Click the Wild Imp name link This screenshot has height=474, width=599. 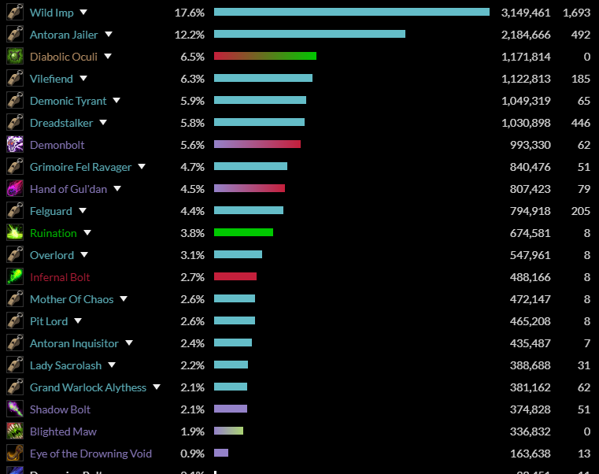[x=52, y=13]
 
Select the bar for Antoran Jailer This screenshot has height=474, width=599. [x=309, y=34]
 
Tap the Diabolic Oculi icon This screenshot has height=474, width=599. [x=15, y=57]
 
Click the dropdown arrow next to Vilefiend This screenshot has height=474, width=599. [x=83, y=79]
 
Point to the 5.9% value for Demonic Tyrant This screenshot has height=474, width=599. [x=192, y=101]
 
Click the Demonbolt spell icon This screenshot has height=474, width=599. [x=15, y=145]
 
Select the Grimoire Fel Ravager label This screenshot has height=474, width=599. [x=81, y=167]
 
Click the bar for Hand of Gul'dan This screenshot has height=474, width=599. [x=250, y=188]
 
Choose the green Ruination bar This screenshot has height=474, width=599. [x=243, y=232]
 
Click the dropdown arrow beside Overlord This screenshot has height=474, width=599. [x=84, y=255]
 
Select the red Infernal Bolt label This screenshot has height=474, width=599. [x=60, y=277]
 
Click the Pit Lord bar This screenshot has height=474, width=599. [x=235, y=320]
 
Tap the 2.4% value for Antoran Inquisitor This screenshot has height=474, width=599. [x=192, y=343]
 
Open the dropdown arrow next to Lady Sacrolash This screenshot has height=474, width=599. [x=112, y=365]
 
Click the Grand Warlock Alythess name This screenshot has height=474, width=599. [x=88, y=387]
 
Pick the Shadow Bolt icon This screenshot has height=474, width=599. [x=15, y=409]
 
